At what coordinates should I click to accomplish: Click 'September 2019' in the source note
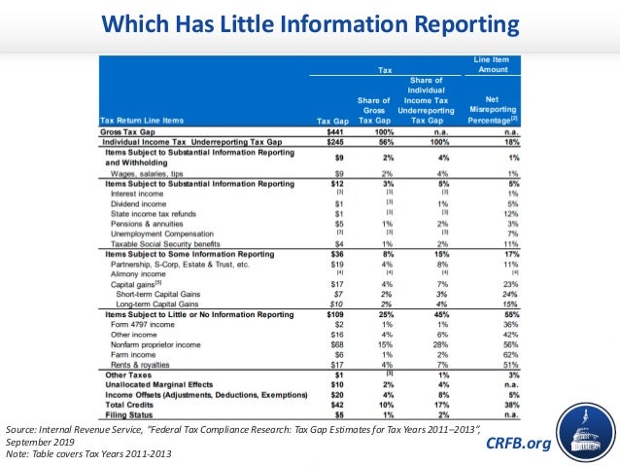pyautogui.click(x=39, y=440)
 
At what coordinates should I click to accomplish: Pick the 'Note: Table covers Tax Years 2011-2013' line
pyautogui.click(x=97, y=452)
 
